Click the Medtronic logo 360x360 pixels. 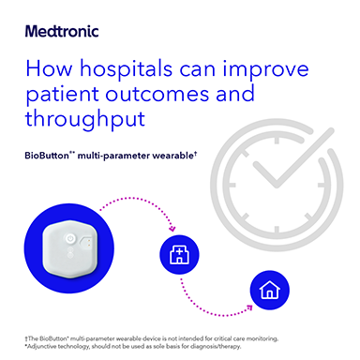[x=67, y=30]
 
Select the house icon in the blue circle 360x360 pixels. [x=270, y=291]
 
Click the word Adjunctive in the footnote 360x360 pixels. [x=44, y=345]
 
